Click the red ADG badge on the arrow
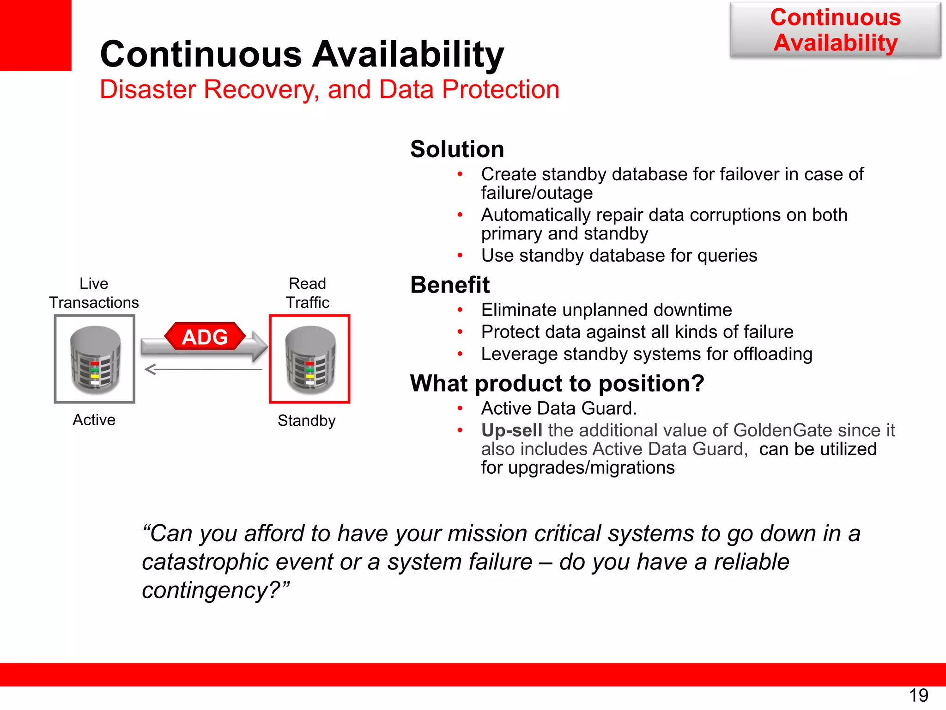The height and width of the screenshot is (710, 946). click(205, 337)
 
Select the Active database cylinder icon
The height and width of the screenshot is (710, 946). click(95, 359)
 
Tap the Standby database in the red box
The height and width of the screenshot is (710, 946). click(310, 359)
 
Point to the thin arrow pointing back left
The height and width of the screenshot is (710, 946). click(203, 369)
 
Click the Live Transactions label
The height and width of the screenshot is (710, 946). click(94, 293)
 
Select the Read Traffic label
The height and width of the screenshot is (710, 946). click(308, 293)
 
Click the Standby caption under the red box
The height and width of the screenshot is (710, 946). click(307, 421)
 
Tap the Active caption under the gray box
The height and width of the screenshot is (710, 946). click(94, 420)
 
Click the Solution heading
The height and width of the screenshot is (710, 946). click(457, 149)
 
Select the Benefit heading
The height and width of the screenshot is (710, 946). click(450, 285)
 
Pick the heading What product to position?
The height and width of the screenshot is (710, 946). click(557, 383)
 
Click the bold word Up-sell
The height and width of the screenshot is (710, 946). click(512, 430)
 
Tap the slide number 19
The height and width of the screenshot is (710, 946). click(918, 695)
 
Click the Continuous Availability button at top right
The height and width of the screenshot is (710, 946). click(835, 30)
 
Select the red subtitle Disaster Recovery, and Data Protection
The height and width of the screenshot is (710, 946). click(329, 89)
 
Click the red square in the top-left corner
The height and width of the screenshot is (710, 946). click(36, 35)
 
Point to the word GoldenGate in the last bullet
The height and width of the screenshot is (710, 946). click(783, 430)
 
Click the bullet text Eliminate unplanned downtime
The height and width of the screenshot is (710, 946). click(606, 310)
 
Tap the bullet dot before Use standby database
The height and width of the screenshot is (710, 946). click(460, 256)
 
